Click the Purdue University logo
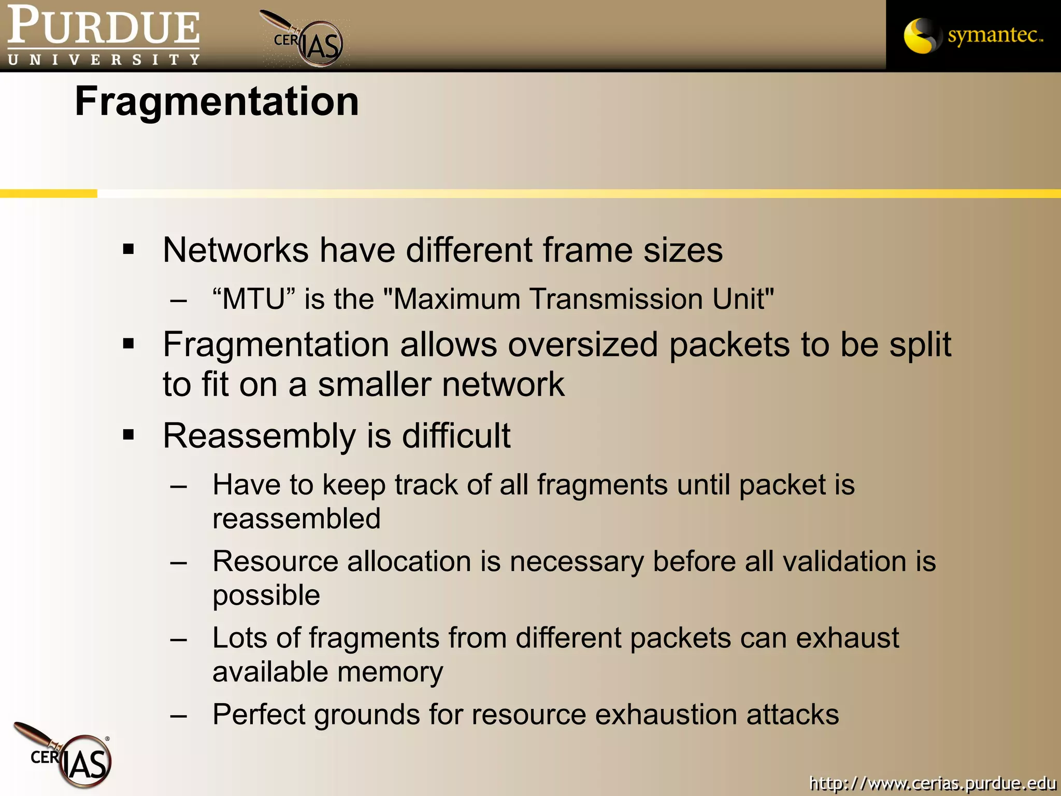[x=103, y=35]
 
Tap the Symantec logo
[x=973, y=35]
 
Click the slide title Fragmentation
[x=217, y=102]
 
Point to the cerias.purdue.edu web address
[x=932, y=783]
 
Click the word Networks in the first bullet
[x=236, y=250]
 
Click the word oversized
[x=582, y=345]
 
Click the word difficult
[x=456, y=435]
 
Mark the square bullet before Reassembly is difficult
[x=128, y=434]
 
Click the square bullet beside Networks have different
[x=128, y=250]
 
